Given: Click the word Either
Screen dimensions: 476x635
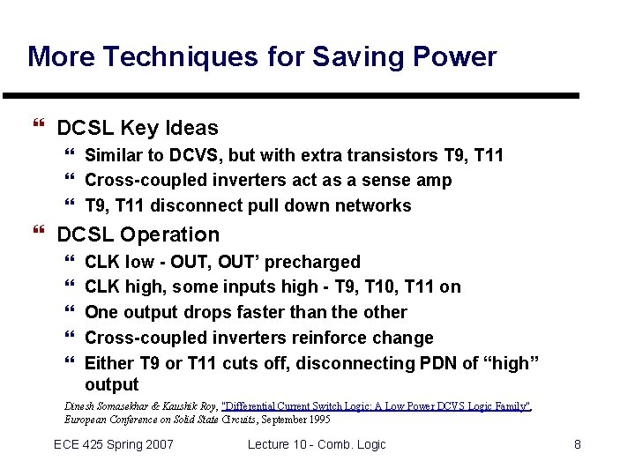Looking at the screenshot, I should coord(110,363).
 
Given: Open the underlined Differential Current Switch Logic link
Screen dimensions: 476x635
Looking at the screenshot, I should coord(377,406).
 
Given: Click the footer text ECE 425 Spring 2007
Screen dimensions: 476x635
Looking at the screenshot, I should coord(113,444).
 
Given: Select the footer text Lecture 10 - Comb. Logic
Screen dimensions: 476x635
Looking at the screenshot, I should coord(317,444).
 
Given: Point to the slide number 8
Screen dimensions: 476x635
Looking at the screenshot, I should coord(578,444).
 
